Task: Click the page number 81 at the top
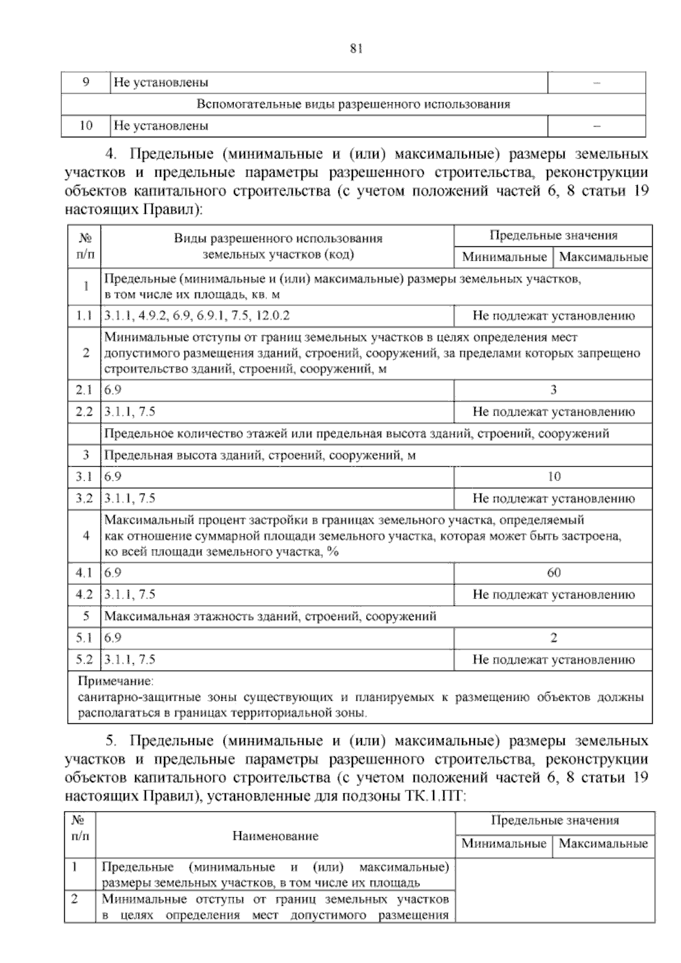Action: click(x=356, y=49)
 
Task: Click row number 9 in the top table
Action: click(x=86, y=82)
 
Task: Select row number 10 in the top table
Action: click(x=86, y=125)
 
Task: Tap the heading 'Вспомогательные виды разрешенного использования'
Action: click(x=353, y=104)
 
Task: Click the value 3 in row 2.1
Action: click(x=553, y=390)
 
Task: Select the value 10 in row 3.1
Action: click(x=553, y=476)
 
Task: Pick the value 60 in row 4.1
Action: click(x=553, y=572)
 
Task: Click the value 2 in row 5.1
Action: click(x=553, y=638)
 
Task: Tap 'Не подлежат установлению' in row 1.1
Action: click(x=553, y=316)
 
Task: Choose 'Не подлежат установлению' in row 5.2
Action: click(x=553, y=659)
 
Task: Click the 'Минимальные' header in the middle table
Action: click(x=504, y=257)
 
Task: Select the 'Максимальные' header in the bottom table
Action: click(x=603, y=843)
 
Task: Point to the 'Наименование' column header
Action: click(x=275, y=836)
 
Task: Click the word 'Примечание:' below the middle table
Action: click(x=115, y=680)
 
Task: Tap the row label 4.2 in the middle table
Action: click(x=84, y=594)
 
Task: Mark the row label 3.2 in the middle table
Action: click(x=84, y=499)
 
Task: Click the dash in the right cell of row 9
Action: click(x=596, y=83)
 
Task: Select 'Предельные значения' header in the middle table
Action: click(x=553, y=235)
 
